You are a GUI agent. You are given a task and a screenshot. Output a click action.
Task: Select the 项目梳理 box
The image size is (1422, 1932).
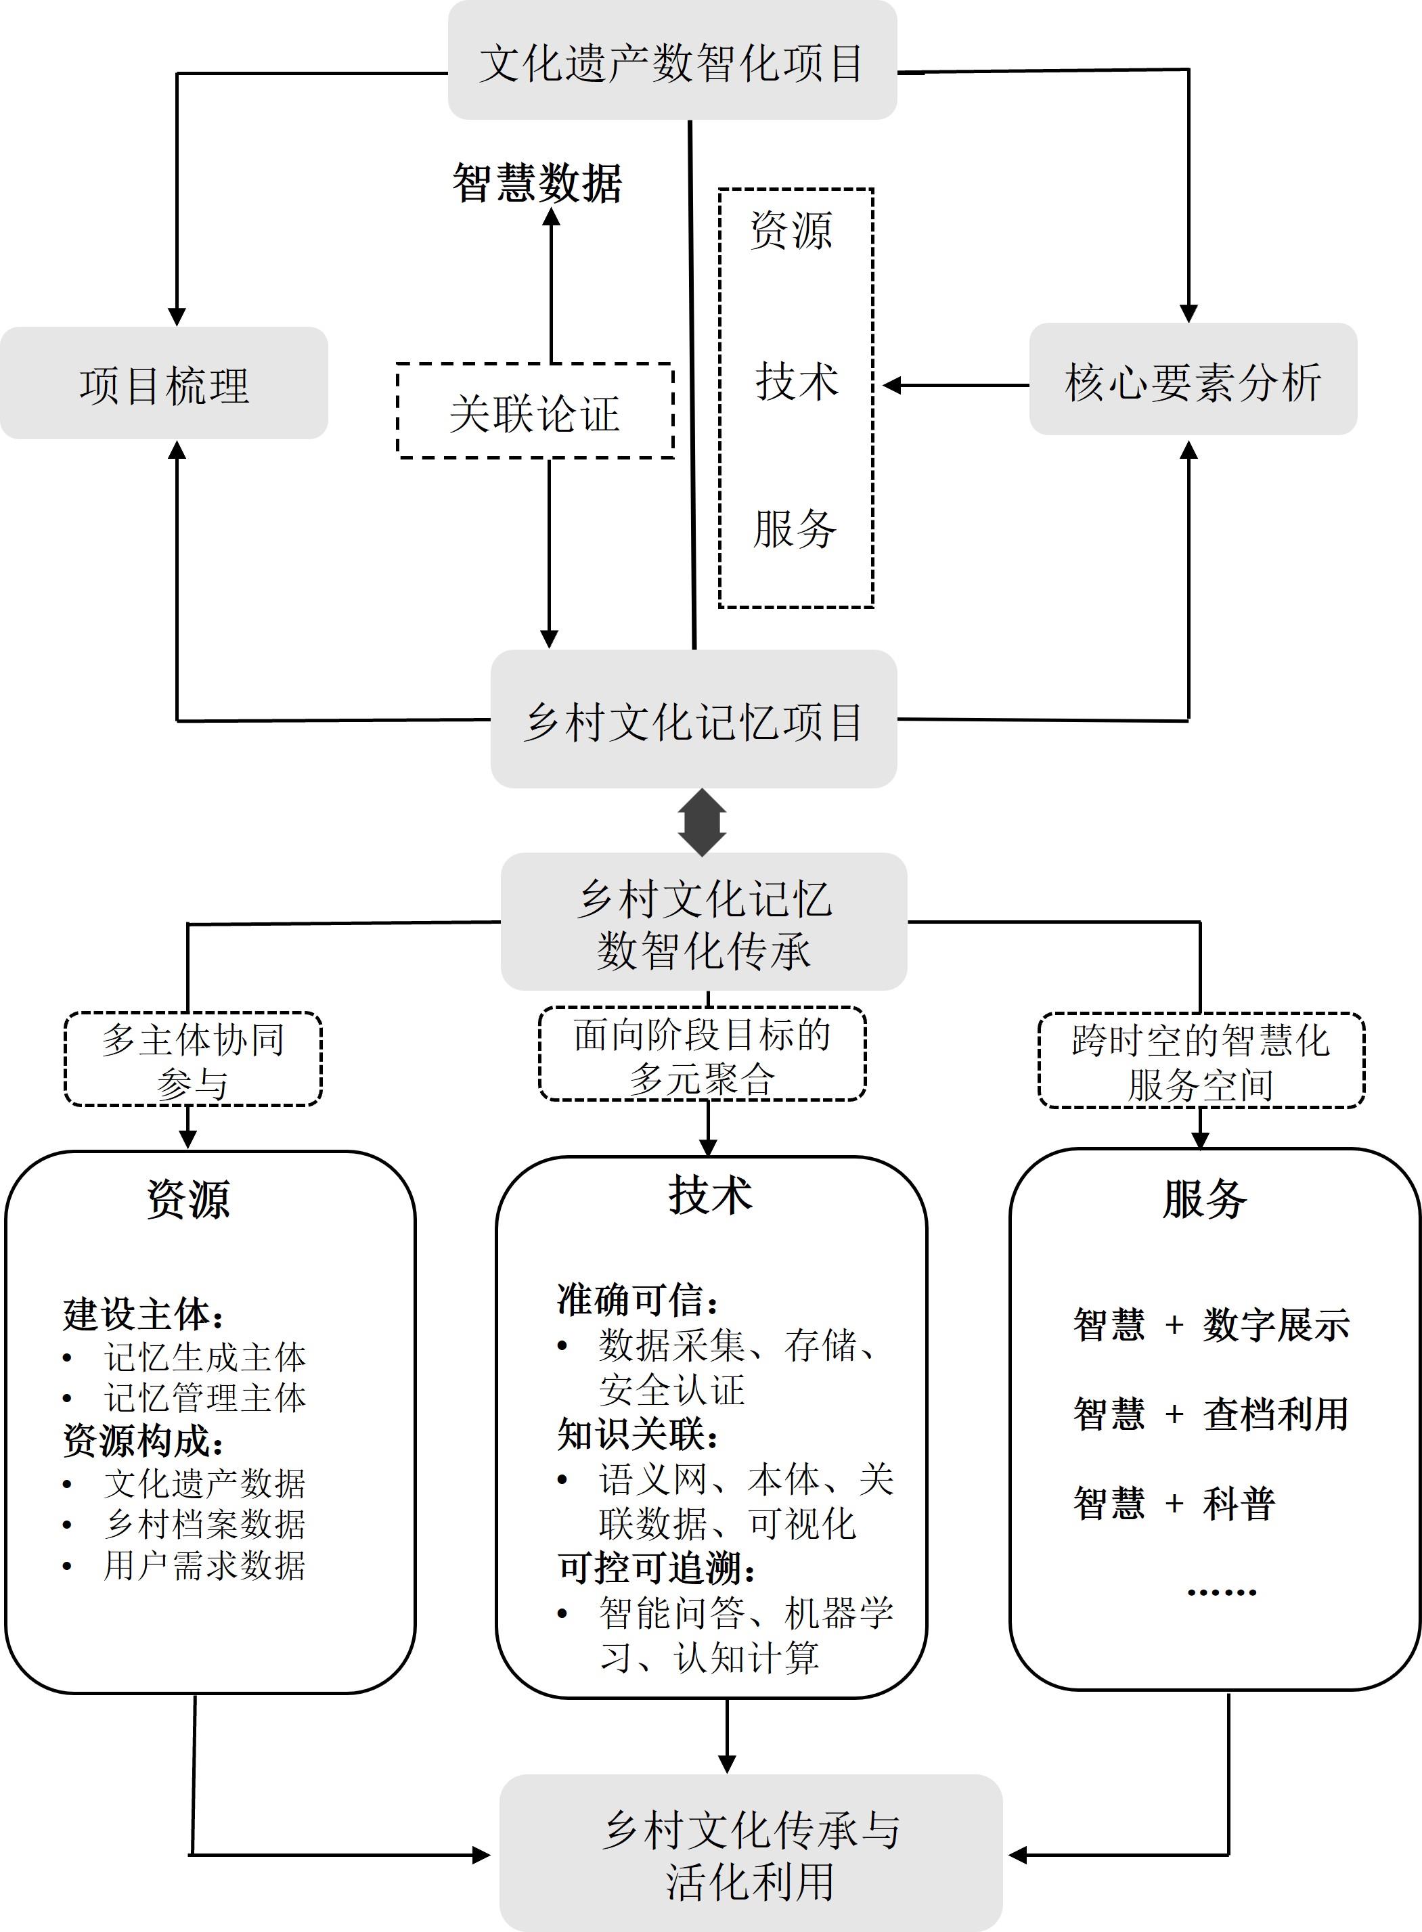coord(164,384)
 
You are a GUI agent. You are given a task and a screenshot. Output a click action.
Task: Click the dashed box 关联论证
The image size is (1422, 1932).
coord(535,411)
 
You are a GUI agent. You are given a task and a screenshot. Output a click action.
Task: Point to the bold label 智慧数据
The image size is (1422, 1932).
coord(537,183)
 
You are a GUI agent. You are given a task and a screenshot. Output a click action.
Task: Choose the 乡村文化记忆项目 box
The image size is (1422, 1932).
coord(694,719)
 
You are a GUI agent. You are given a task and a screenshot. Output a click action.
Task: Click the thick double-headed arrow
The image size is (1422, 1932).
coord(702,822)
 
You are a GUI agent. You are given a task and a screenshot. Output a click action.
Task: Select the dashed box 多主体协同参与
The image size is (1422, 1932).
coord(193,1059)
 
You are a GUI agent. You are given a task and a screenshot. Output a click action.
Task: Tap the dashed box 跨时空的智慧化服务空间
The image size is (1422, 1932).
coord(1201,1061)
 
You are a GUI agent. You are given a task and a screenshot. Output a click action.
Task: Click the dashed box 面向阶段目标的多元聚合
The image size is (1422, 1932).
coord(702,1055)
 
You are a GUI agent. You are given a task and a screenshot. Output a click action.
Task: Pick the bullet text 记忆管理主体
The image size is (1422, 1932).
coord(205,1397)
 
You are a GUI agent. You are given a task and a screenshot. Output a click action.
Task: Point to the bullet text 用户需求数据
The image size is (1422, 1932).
coord(205,1565)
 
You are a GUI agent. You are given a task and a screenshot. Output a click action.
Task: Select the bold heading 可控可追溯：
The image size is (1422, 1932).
coord(657,1568)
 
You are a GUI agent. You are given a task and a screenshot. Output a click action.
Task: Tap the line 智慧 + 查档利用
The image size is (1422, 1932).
coord(1210,1414)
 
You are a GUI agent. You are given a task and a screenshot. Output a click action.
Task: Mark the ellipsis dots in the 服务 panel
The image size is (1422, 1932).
coord(1222,1592)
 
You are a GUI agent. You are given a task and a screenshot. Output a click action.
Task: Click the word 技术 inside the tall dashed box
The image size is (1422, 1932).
coord(796,381)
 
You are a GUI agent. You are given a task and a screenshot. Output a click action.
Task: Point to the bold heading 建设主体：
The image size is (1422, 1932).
coord(143,1314)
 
